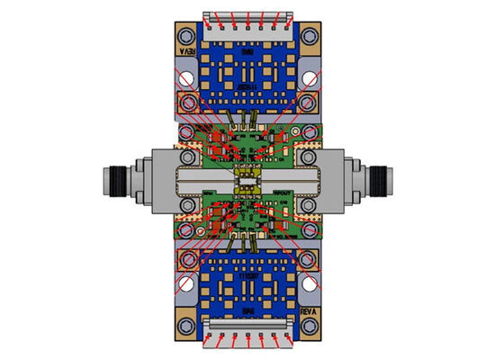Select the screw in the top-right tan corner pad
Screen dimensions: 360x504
[310, 37]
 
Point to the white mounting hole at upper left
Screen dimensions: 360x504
[187, 79]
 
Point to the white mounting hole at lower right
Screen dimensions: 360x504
[311, 283]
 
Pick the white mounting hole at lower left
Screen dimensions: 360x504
[187, 283]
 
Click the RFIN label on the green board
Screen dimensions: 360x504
[209, 194]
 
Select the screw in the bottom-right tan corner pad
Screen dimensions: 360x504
[310, 323]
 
